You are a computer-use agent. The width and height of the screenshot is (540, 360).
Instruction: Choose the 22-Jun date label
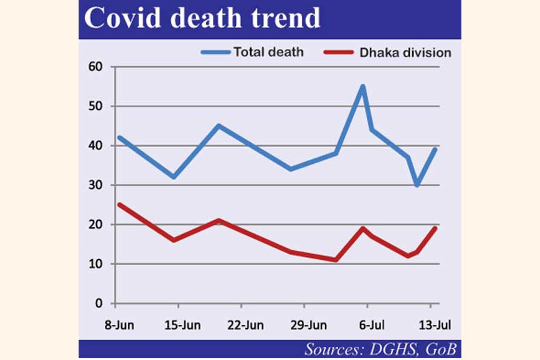tap(245, 325)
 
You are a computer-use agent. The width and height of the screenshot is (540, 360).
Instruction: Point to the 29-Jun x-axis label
tap(310, 325)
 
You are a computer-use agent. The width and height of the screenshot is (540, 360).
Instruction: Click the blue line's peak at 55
tap(362, 86)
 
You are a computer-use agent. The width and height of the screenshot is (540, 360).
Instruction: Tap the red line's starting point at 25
tap(119, 205)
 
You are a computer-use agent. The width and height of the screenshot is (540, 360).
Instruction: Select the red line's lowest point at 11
tap(336, 260)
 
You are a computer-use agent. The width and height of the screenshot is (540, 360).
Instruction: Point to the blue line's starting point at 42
tap(119, 137)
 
